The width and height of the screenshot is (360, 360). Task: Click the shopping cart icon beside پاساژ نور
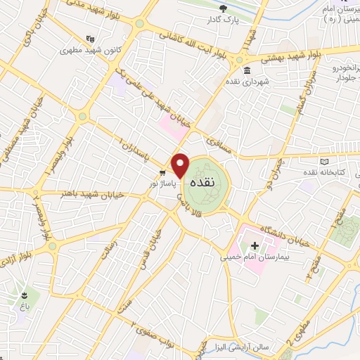pyautogui.click(x=162, y=172)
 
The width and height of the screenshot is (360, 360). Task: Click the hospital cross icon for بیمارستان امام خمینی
pyautogui.click(x=255, y=247)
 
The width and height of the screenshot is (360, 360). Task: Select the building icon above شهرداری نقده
pyautogui.click(x=247, y=71)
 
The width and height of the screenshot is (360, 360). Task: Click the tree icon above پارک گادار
pyautogui.click(x=223, y=8)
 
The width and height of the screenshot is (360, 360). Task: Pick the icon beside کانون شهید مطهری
pyautogui.click(x=89, y=39)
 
